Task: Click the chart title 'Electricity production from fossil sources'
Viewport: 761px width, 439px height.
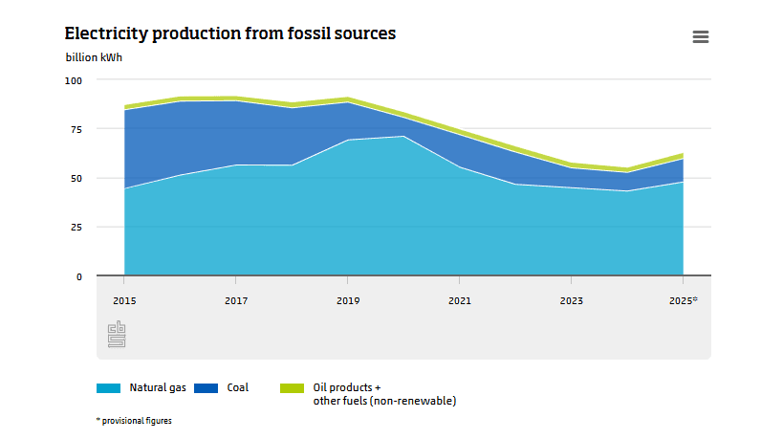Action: [230, 33]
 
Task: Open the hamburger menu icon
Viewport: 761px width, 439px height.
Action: [700, 36]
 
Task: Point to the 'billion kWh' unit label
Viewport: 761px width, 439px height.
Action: [94, 56]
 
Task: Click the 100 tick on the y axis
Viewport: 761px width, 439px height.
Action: [74, 80]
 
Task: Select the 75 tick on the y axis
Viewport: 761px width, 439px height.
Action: [76, 129]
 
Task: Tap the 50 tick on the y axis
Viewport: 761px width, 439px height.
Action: [76, 178]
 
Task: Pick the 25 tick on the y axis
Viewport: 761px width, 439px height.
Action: [76, 228]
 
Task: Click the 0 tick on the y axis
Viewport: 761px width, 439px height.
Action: [79, 276]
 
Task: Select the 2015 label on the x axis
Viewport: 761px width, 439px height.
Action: [124, 300]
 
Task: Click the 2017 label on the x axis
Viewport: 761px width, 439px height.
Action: [236, 300]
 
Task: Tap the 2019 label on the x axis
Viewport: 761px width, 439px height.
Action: [348, 300]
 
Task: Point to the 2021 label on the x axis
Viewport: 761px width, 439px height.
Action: [460, 300]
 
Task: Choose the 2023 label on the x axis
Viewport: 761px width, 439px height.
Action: [571, 300]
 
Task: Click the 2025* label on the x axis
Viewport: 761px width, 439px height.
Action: [683, 300]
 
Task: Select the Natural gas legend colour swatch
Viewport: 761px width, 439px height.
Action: [108, 388]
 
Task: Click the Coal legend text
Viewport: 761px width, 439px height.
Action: [237, 387]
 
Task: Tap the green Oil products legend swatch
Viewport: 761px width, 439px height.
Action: [292, 388]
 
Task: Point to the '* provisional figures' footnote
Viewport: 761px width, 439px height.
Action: [134, 420]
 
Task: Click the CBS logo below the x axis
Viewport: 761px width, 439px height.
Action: [117, 334]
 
